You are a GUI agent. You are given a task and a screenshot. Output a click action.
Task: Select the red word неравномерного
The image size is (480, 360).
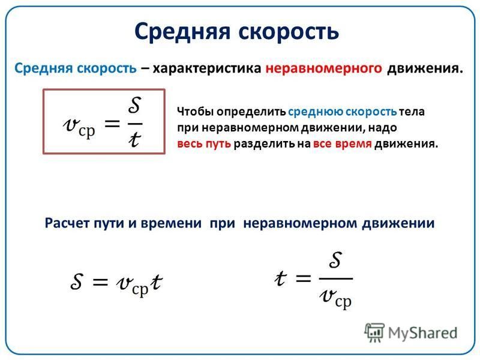pos(323,68)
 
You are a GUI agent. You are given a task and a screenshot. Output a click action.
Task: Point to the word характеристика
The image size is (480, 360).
pos(207,68)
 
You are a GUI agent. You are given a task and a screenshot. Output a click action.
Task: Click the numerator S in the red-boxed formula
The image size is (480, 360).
pos(134,105)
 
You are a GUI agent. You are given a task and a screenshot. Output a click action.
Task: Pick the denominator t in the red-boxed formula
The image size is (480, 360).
pos(134,140)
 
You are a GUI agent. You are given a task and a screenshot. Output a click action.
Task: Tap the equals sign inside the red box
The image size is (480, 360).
pos(112,124)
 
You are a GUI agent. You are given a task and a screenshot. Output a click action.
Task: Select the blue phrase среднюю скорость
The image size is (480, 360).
pos(342,112)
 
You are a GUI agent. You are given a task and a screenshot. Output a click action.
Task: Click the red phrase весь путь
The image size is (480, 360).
pos(204,143)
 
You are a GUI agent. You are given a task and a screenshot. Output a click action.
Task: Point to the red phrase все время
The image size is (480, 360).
pos(342,143)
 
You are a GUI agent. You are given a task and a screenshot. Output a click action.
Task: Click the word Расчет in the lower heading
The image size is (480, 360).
pos(67,223)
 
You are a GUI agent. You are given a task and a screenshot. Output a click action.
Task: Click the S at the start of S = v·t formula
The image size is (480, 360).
pos(77,281)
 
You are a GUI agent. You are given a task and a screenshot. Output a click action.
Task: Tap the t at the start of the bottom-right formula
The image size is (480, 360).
pos(280,278)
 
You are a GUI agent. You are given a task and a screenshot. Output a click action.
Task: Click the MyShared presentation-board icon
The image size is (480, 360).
pos(374,333)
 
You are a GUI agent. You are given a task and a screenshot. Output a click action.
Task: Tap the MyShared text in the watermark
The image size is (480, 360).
pos(423,333)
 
